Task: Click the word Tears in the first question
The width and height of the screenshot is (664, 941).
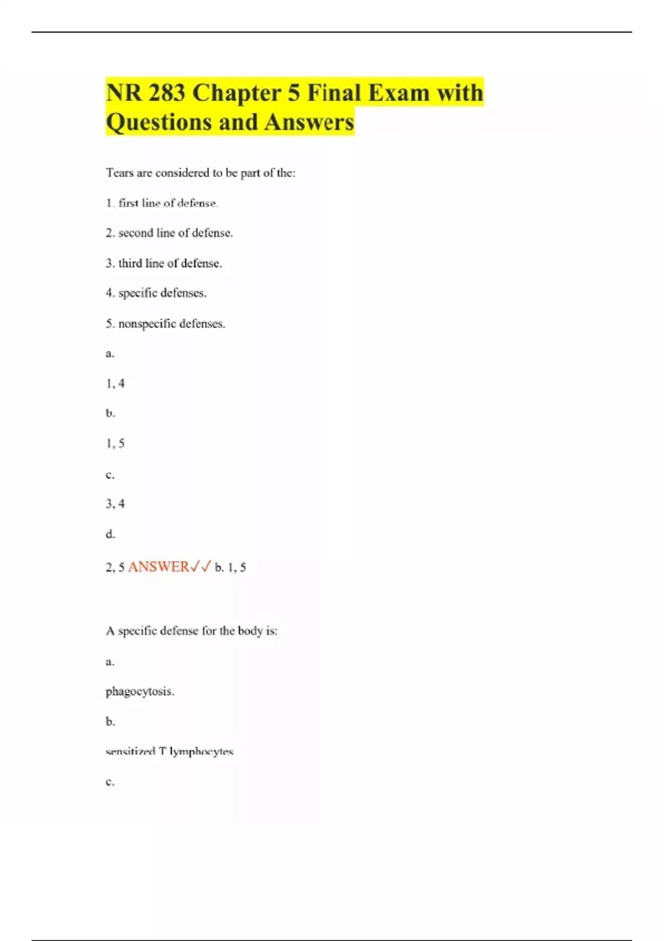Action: click(120, 173)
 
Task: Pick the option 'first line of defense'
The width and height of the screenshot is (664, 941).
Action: click(168, 203)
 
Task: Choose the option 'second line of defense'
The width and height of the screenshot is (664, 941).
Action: click(175, 233)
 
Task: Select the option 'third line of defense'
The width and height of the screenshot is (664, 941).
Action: click(169, 263)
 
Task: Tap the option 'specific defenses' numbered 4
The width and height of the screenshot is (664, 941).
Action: click(162, 293)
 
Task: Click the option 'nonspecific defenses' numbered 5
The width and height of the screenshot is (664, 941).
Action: click(171, 323)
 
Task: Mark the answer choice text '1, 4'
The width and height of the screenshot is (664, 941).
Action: click(115, 383)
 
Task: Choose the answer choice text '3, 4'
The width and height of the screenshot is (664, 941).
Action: click(115, 504)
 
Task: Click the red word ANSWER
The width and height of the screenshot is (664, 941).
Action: click(158, 567)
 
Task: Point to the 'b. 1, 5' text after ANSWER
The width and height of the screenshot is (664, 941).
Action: click(230, 567)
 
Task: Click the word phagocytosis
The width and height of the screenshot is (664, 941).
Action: click(139, 691)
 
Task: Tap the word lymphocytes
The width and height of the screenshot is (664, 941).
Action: click(202, 752)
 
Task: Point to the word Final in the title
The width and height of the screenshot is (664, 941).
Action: click(334, 92)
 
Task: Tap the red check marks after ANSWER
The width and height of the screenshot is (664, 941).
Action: click(200, 567)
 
